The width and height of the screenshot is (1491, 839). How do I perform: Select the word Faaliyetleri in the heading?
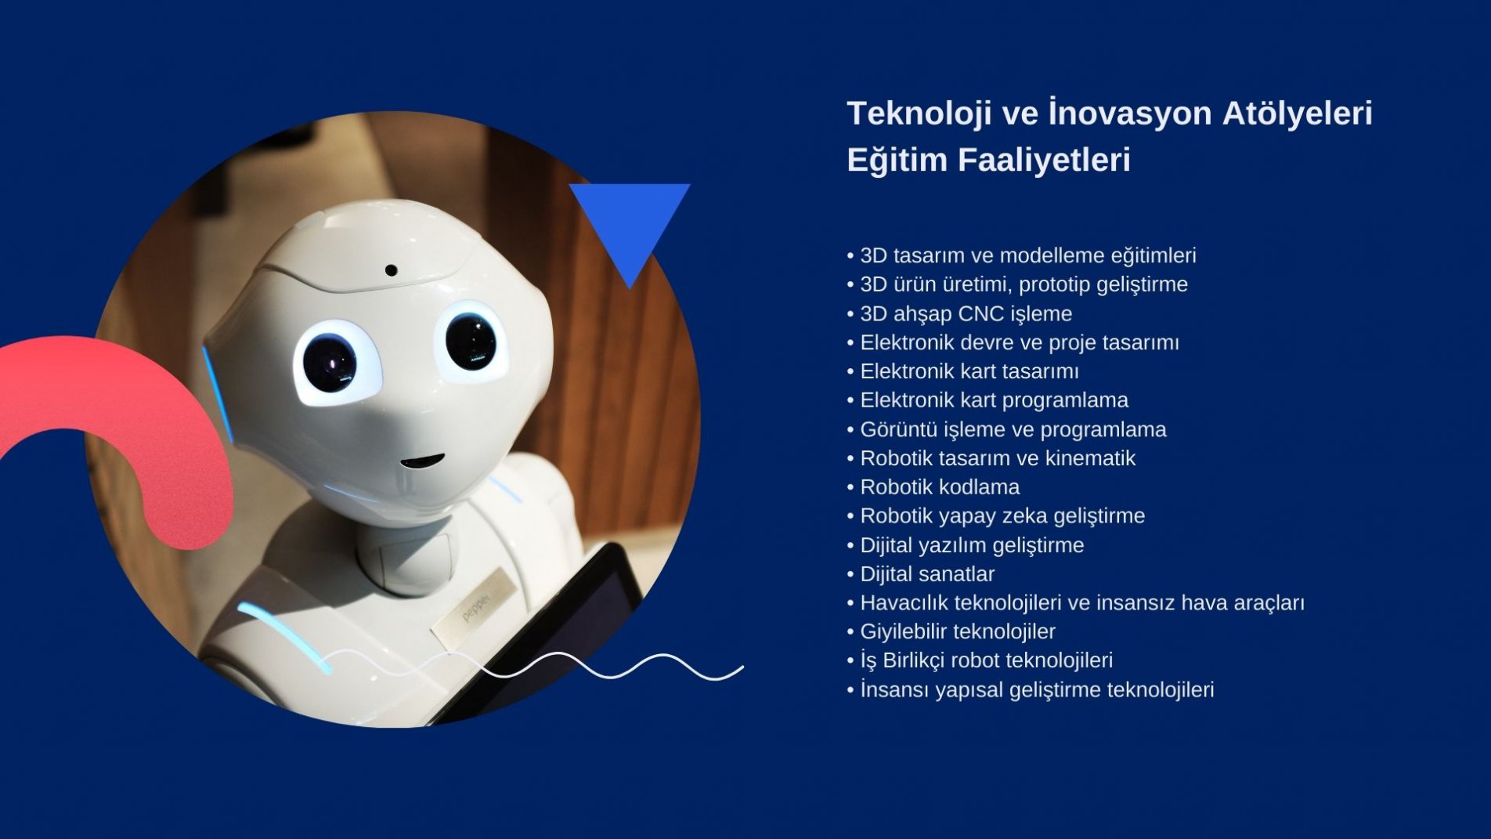coord(1043,160)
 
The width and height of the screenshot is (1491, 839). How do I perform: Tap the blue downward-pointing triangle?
coord(630,227)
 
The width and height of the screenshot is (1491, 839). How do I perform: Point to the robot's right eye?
coord(470,342)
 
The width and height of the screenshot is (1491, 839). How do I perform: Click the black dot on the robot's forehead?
coord(391,271)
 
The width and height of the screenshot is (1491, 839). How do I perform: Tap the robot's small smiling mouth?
coord(422,461)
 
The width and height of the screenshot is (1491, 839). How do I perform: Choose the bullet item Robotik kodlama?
coord(940,487)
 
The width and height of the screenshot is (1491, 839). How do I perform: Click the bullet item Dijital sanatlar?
coord(927,574)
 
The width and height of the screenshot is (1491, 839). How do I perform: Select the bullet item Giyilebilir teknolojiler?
coord(958,631)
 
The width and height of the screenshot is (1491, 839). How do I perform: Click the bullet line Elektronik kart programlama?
coord(994,400)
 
